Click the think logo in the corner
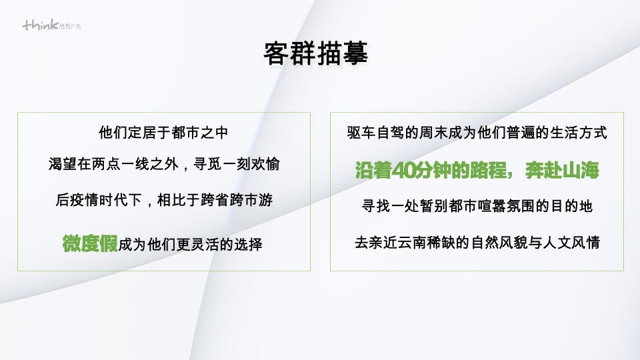click(52, 25)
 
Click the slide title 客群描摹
click(316, 54)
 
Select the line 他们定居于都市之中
click(163, 133)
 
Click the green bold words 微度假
click(89, 243)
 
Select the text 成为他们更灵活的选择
click(190, 245)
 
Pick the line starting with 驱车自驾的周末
click(477, 133)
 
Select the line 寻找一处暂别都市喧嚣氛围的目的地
click(477, 206)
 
